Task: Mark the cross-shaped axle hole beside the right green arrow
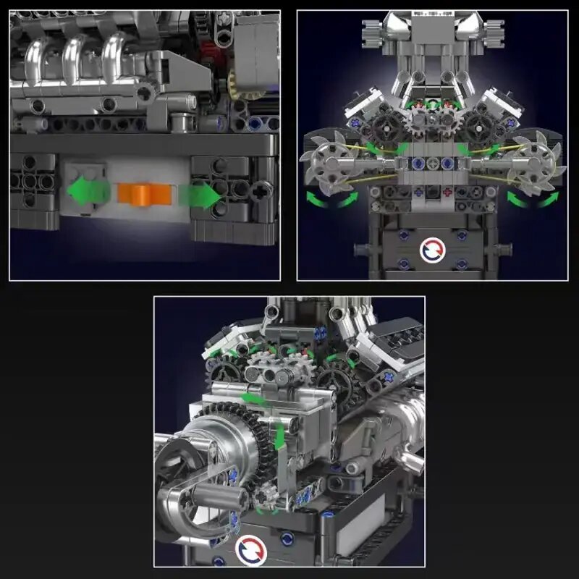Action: tap(262, 190)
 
